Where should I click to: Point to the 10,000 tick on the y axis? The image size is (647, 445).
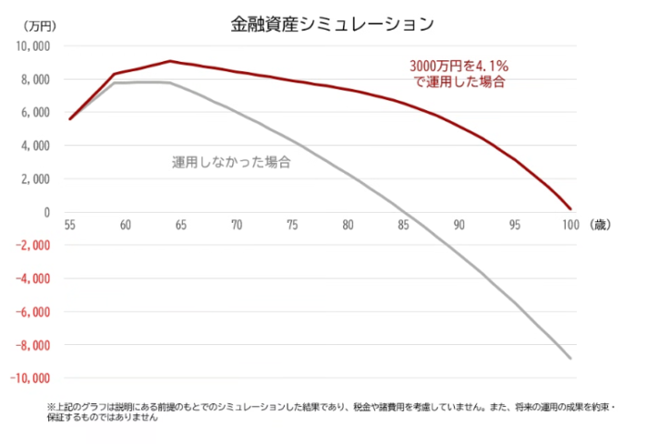coord(35,46)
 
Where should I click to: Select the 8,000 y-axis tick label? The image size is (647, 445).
coord(37,80)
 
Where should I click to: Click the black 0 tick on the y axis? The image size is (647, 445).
coord(46,212)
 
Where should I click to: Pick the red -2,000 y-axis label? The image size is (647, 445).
coord(33,245)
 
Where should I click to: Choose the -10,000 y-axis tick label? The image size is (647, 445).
coord(31,378)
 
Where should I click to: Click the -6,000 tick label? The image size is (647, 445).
coord(33,312)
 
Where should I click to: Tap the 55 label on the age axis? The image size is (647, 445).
coord(70,225)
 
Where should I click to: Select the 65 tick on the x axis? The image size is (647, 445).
coord(181,225)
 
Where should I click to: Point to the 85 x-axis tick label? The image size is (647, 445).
coord(403,225)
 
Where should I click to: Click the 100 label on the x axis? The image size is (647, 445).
coord(569,225)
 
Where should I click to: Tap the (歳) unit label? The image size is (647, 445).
coord(597,225)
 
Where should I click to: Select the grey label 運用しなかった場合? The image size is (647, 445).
coord(232,162)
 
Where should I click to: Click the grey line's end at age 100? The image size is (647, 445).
coord(570,358)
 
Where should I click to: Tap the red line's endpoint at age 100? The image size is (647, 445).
coord(570,209)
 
